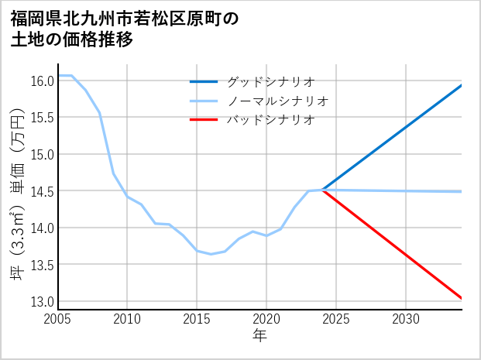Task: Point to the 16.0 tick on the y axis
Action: [42, 81]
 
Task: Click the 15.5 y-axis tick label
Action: [42, 118]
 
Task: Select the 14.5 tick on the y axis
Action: [42, 191]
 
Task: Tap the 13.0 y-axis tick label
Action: [42, 302]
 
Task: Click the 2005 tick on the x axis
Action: [58, 319]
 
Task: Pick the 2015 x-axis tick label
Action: [197, 319]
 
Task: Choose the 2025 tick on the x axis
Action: [336, 319]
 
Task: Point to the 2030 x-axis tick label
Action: [406, 319]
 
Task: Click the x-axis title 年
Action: [259, 335]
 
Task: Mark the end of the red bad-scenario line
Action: [462, 298]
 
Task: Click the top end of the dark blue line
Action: [462, 85]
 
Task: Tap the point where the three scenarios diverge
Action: [322, 190]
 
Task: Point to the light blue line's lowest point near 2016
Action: [211, 254]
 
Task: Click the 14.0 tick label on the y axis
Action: [42, 228]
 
